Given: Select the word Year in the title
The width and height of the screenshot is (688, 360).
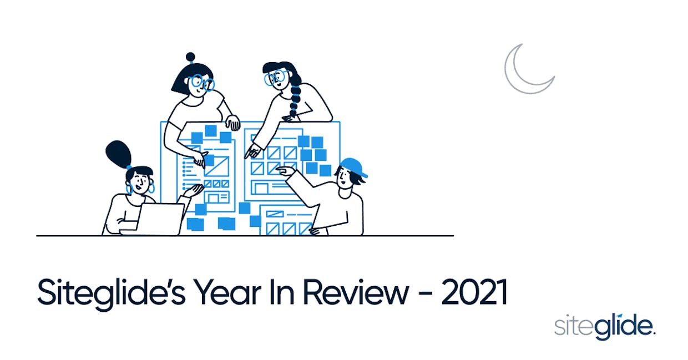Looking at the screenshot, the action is coord(227,292).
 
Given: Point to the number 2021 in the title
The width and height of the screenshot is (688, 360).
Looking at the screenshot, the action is coord(474,292).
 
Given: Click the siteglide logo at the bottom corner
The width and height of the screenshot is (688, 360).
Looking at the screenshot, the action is coord(605,327).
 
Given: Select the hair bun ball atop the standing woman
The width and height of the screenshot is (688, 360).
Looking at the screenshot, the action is coord(190,57).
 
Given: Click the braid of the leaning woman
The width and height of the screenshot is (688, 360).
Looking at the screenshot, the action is coord(295,97).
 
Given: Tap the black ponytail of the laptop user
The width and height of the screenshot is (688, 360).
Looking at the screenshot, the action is coord(119,154).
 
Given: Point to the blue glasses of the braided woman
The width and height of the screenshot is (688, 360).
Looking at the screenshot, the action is coord(275,77).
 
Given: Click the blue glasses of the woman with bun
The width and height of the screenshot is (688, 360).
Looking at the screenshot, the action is coord(203,82).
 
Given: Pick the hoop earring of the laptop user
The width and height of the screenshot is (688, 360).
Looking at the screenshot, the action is coord(151,187).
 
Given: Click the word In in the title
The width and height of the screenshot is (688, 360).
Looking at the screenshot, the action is coord(282,292).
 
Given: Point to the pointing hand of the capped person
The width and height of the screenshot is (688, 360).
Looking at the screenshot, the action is coord(286,171).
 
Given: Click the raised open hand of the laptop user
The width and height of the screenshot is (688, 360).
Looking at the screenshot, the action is coord(194,190).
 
